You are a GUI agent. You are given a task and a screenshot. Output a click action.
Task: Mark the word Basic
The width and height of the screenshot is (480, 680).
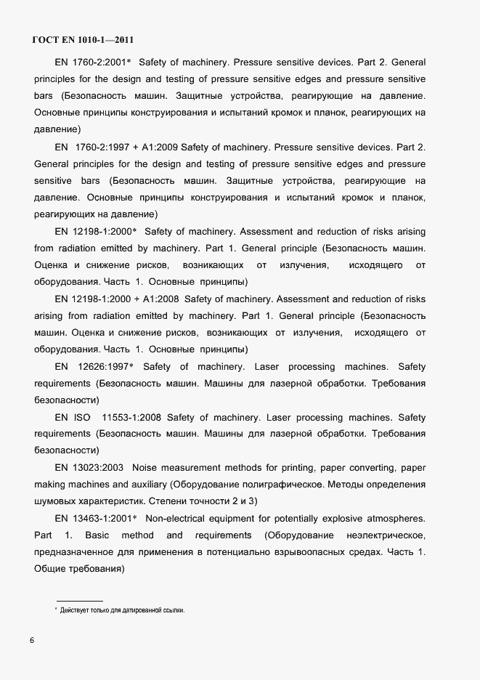[97, 535]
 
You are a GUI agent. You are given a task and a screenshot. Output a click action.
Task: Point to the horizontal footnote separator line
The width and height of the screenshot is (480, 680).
[79, 600]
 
